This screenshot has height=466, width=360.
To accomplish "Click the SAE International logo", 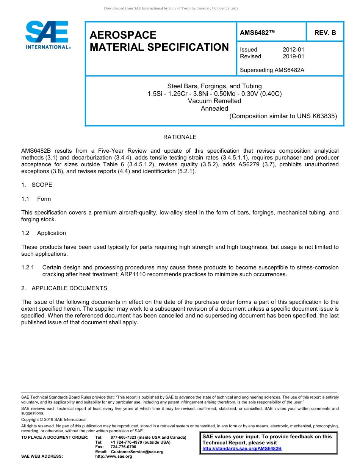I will [47, 35].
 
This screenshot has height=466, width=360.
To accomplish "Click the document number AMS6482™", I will [257, 33].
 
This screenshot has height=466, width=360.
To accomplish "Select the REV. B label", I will [325, 33].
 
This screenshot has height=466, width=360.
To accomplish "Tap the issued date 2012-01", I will [293, 50].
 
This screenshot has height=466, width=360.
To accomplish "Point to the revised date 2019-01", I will [293, 56].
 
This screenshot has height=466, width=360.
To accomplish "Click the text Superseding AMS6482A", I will [272, 70].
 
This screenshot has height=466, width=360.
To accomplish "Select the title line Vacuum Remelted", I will [214, 101].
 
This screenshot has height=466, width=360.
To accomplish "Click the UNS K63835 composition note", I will [283, 116].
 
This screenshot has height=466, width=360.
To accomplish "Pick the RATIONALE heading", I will [180, 137].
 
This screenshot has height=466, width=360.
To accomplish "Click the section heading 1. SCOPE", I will [37, 185].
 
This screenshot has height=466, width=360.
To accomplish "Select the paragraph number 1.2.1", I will [28, 267].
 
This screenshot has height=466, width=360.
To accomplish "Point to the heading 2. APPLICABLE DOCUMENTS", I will [64, 288].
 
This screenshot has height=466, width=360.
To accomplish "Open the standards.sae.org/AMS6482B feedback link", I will [242, 449].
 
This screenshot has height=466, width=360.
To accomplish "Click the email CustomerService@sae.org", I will [137, 452].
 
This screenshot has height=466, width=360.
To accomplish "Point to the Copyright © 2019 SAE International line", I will [54, 419].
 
